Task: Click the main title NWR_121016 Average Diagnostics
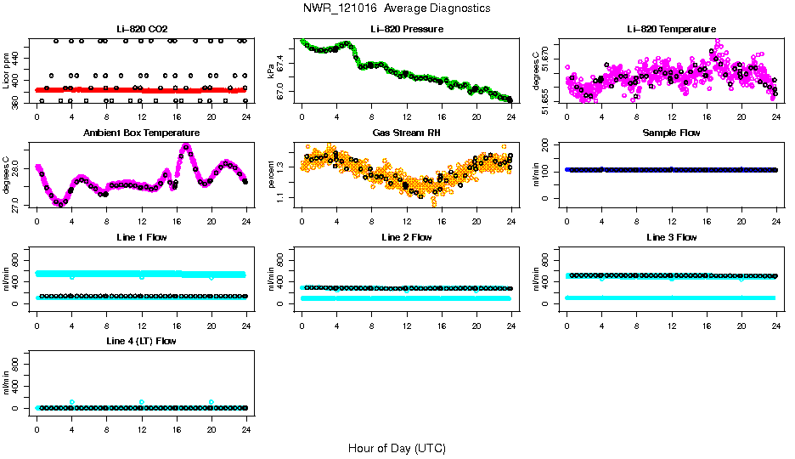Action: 397,8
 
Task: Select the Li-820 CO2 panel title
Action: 141,30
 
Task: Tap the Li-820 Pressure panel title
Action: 406,30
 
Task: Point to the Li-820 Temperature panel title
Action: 670,30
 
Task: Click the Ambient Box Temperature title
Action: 141,133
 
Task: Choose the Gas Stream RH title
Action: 406,133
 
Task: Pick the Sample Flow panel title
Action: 670,133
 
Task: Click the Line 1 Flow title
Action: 141,237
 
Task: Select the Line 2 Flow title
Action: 406,237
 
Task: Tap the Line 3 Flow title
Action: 670,237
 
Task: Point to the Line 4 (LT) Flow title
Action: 141,341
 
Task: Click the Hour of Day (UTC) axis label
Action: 397,448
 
